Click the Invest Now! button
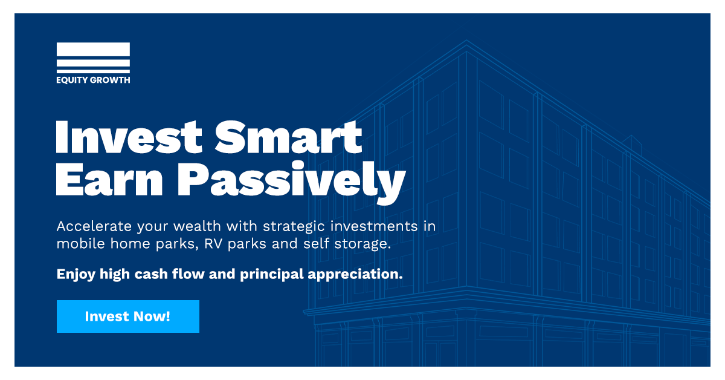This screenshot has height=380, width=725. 128,316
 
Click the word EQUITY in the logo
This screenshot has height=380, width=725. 72,80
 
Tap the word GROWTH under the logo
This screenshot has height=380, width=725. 110,80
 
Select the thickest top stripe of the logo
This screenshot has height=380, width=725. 93,49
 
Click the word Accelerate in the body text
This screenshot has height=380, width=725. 94,226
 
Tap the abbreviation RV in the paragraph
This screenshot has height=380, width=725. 213,244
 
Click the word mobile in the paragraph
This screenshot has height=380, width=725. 80,243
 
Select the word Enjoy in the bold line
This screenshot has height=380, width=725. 76,275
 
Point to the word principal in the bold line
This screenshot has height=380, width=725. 272,275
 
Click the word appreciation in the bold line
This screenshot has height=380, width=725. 355,275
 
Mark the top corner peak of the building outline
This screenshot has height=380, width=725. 466,40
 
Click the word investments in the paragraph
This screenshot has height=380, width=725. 374,226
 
